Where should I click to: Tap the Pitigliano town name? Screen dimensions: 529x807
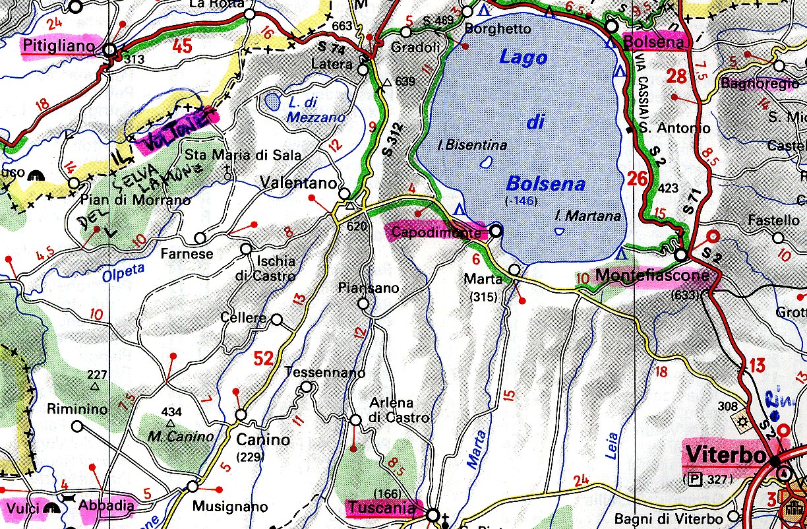[x=61, y=46]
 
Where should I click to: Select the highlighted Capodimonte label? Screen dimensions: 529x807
[x=436, y=232]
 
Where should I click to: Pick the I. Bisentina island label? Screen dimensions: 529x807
[x=473, y=145]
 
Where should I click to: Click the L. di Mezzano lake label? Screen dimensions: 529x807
[x=316, y=110]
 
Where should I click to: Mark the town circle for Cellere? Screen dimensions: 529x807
[x=277, y=320]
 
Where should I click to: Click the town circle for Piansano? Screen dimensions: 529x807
[x=363, y=303]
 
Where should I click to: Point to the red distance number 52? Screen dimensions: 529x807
[x=263, y=359]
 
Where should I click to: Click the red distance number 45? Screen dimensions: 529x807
[x=183, y=46]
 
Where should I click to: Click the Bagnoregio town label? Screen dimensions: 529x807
[x=750, y=84]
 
